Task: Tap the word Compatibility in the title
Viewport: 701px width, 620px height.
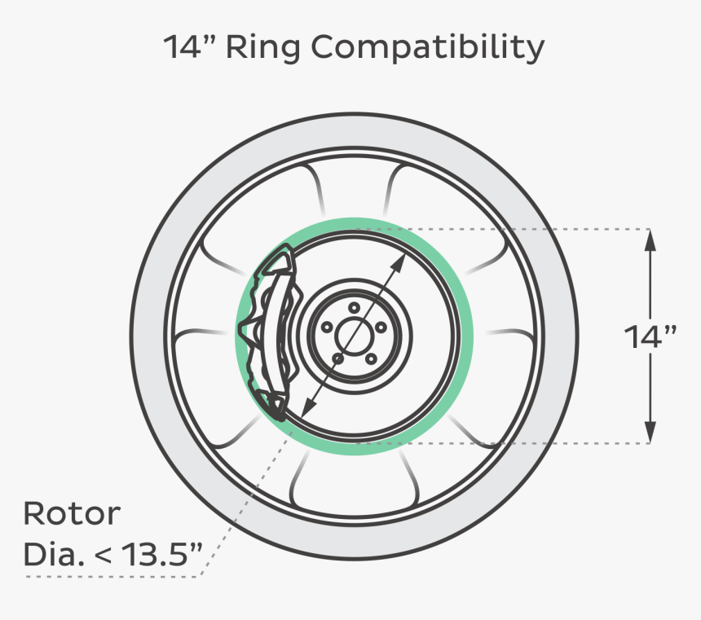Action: pyautogui.click(x=428, y=48)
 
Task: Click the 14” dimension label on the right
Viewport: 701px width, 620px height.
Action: pyautogui.click(x=650, y=336)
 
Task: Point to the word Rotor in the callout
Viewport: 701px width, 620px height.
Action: pyautogui.click(x=72, y=514)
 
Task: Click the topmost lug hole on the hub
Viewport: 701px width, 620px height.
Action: pyautogui.click(x=354, y=307)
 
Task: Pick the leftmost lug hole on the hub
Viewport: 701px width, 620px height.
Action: pyautogui.click(x=327, y=327)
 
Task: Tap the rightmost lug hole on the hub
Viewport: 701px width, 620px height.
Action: pyautogui.click(x=381, y=327)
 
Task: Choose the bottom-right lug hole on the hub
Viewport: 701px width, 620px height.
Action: pyautogui.click(x=370, y=358)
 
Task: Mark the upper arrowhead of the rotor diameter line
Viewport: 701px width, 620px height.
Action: pyautogui.click(x=403, y=259)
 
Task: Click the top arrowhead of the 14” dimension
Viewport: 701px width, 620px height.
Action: pyautogui.click(x=650, y=236)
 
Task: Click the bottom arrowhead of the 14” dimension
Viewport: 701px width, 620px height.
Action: pyautogui.click(x=650, y=436)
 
